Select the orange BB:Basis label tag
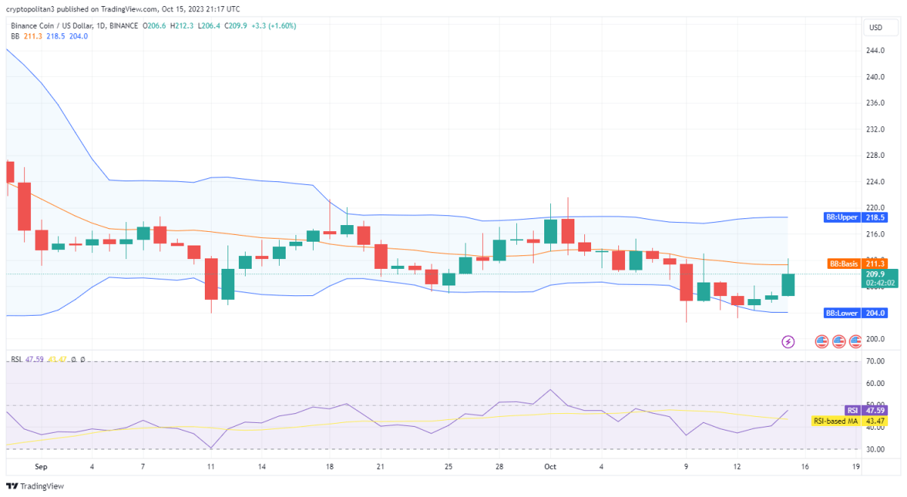pos(841,264)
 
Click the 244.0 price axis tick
pos(876,51)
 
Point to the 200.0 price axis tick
pos(876,339)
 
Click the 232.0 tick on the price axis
pos(876,129)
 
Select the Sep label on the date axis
pos(41,467)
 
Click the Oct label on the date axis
pos(550,467)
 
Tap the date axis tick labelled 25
pos(449,467)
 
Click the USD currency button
pos(876,27)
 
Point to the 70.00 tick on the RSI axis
pos(876,362)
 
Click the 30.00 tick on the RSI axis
pos(876,449)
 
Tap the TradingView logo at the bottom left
pos(36,486)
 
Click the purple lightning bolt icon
pos(788,341)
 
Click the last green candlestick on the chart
pos(788,284)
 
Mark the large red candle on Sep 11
pos(211,279)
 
